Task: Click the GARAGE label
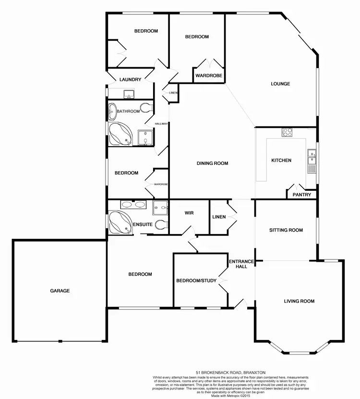click(60, 291)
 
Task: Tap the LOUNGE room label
click(280, 84)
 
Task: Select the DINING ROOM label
click(212, 164)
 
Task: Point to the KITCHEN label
click(281, 160)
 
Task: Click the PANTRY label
click(302, 195)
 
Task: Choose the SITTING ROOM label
click(286, 230)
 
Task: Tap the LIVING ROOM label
click(299, 301)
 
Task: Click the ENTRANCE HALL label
click(238, 264)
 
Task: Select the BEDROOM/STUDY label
click(196, 281)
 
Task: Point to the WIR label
click(189, 213)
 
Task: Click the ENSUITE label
click(143, 224)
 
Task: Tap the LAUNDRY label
click(131, 80)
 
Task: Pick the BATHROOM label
click(128, 111)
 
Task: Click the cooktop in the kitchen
click(288, 132)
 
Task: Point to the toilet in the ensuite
click(162, 224)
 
